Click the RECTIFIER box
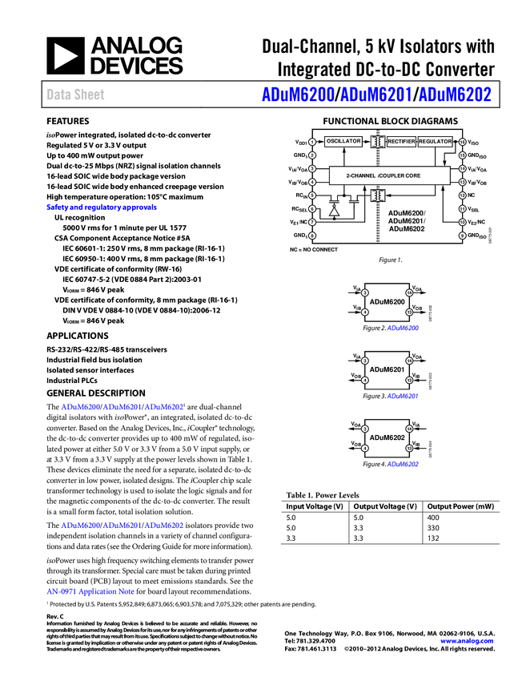(x=401, y=142)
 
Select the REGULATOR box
(x=436, y=142)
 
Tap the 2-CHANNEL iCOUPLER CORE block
(x=389, y=175)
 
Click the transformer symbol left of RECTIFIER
(x=378, y=142)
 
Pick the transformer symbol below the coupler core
(x=377, y=195)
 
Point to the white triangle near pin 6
(x=335, y=212)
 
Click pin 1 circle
(x=312, y=142)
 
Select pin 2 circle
(x=312, y=155)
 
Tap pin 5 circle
(x=312, y=195)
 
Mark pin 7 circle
(x=312, y=222)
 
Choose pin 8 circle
(x=312, y=236)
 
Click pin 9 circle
(x=463, y=236)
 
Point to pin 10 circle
(x=463, y=222)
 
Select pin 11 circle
(x=463, y=209)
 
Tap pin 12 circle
(x=463, y=195)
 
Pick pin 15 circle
(x=463, y=155)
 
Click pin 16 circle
(x=463, y=142)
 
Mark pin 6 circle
(x=312, y=209)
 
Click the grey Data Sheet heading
(x=76, y=95)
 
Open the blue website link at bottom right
(x=467, y=641)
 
